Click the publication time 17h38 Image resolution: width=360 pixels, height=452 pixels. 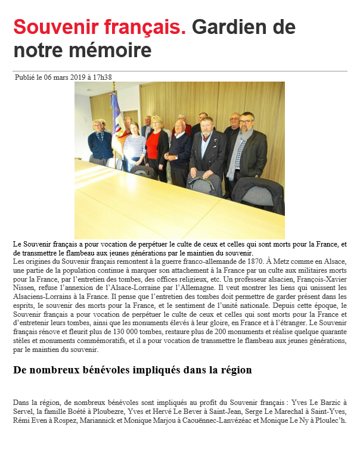tap(101, 77)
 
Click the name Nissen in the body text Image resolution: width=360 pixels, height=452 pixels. tap(25, 288)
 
